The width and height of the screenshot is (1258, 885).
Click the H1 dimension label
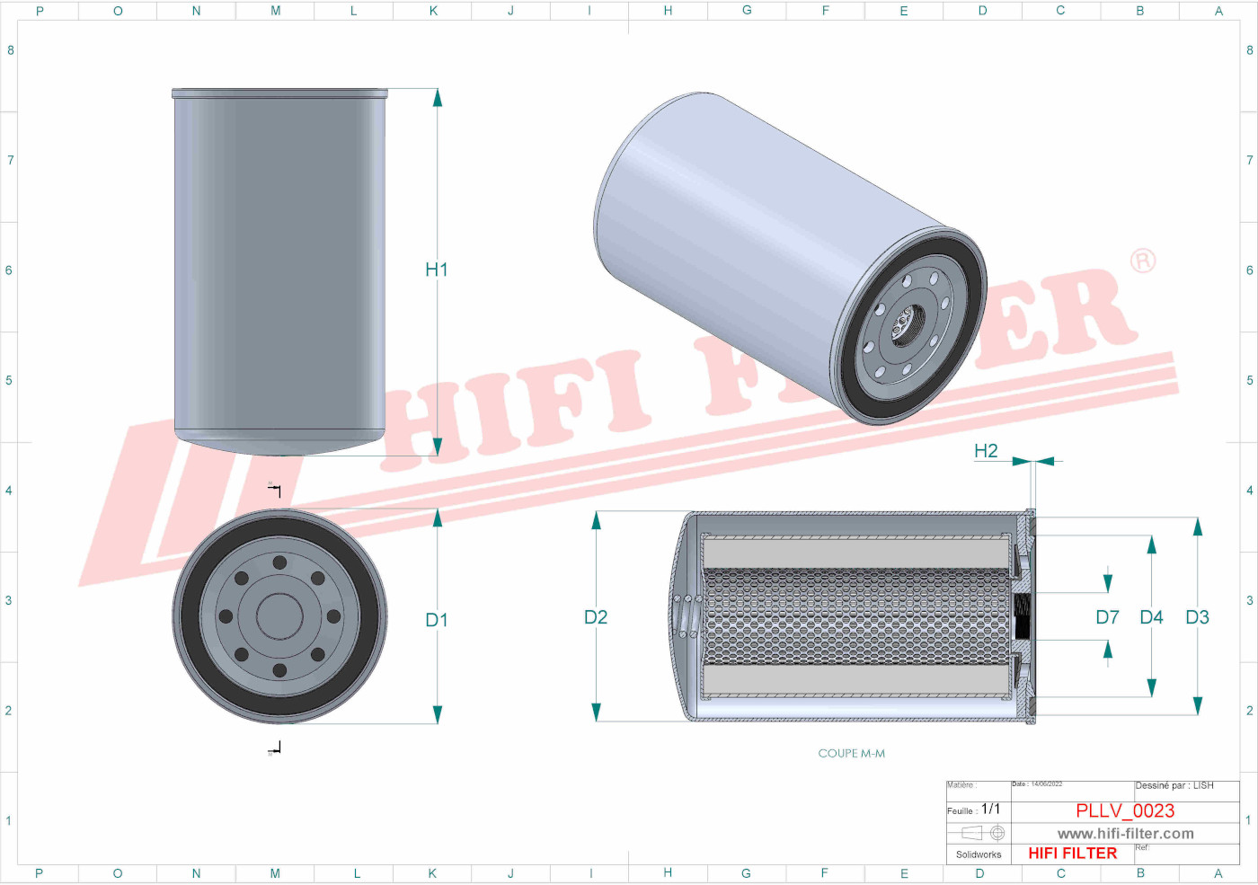(x=437, y=270)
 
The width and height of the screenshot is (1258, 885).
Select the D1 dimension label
(x=437, y=620)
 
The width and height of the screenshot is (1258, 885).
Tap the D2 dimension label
(x=596, y=617)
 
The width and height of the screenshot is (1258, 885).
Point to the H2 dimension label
(x=986, y=451)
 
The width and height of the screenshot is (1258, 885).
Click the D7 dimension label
(x=1107, y=617)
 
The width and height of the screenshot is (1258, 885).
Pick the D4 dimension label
(x=1151, y=617)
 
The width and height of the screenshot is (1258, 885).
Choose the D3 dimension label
(x=1197, y=617)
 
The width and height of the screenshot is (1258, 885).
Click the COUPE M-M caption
(x=851, y=754)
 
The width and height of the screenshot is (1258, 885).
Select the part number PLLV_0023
(x=1125, y=810)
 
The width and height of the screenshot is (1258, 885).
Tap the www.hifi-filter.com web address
(x=1125, y=834)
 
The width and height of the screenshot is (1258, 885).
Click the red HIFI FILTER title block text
(x=1072, y=854)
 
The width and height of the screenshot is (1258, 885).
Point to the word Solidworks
(x=979, y=854)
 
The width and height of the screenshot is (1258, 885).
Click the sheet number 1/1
(x=990, y=810)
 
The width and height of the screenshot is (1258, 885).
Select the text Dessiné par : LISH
(x=1174, y=785)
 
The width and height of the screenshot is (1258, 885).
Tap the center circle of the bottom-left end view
(x=279, y=616)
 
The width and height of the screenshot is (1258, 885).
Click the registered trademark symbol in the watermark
(x=1142, y=261)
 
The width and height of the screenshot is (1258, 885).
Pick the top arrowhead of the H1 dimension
(x=438, y=98)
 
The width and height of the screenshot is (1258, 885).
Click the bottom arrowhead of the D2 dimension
(x=596, y=712)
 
